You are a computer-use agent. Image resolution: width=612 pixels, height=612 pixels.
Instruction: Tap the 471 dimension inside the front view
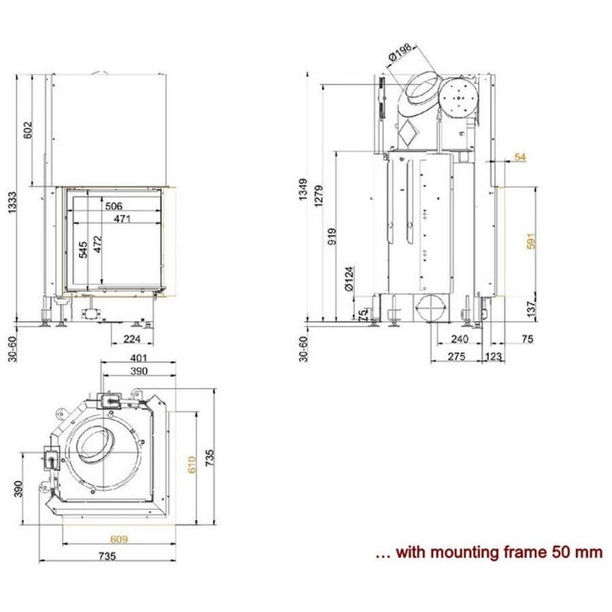tap(122, 218)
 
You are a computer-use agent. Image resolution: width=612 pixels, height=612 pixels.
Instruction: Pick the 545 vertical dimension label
tap(83, 250)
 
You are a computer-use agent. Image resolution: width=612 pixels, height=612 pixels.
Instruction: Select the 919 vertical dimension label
tap(333, 235)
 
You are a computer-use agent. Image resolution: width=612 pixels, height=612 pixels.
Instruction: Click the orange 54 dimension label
tap(521, 158)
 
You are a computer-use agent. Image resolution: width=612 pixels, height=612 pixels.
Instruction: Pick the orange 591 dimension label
tap(532, 241)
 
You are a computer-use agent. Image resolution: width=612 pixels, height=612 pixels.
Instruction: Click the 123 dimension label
tap(494, 356)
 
